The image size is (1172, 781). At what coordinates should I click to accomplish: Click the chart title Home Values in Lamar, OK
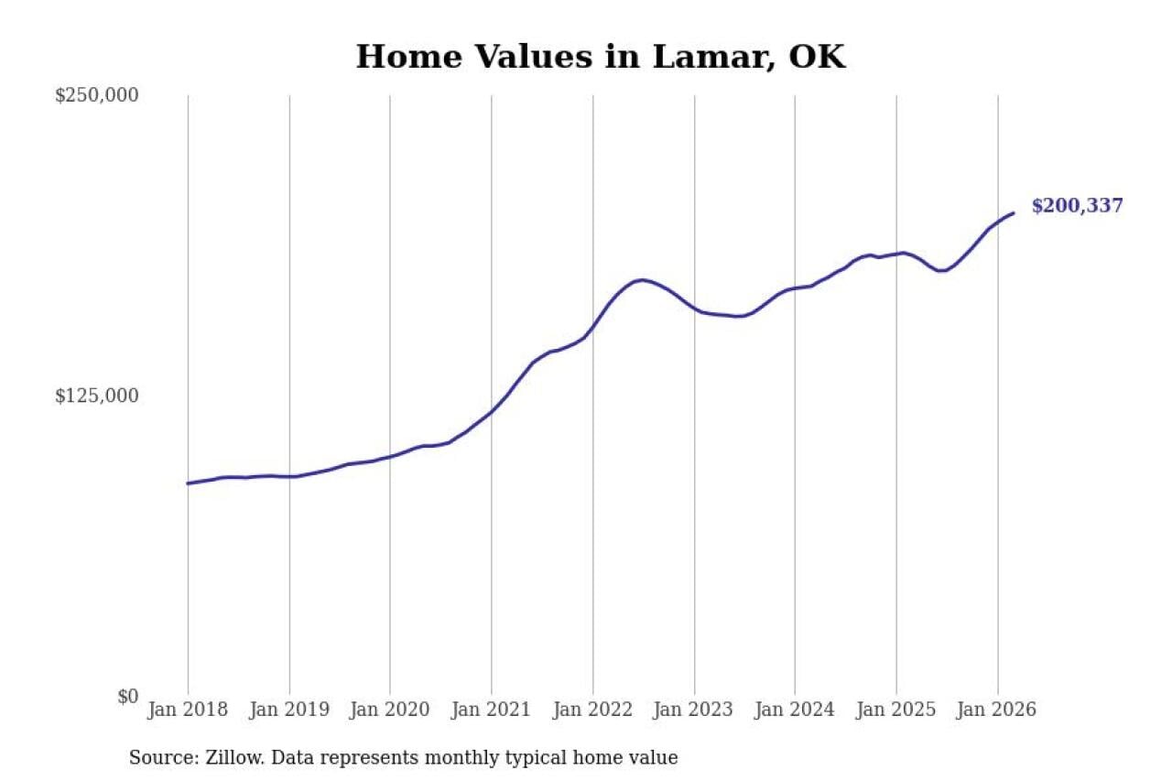pyautogui.click(x=600, y=57)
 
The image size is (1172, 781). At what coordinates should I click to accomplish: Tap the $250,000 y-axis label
pyautogui.click(x=96, y=95)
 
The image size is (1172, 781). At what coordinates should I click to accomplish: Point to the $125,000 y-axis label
pyautogui.click(x=96, y=396)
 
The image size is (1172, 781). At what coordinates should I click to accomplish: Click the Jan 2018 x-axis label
pyautogui.click(x=188, y=710)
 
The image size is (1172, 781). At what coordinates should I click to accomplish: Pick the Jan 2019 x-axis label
pyautogui.click(x=289, y=710)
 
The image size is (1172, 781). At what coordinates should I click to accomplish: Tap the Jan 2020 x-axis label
pyautogui.click(x=390, y=710)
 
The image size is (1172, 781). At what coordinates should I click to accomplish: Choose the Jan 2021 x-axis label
pyautogui.click(x=492, y=710)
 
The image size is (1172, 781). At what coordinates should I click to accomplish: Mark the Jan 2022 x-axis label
pyautogui.click(x=592, y=710)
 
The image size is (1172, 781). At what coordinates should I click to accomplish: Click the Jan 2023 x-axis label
pyautogui.click(x=694, y=710)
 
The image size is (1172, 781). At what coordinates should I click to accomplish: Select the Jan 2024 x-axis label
pyautogui.click(x=795, y=710)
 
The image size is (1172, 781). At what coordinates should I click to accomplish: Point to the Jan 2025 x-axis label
pyautogui.click(x=896, y=710)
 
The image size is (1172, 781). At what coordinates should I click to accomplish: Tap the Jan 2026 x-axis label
pyautogui.click(x=997, y=710)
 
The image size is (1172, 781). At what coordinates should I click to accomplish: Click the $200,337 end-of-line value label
pyautogui.click(x=1077, y=206)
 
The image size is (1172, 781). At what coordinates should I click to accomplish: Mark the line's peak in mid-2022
pyautogui.click(x=643, y=279)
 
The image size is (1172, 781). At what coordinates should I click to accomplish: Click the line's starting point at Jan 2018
pyautogui.click(x=188, y=483)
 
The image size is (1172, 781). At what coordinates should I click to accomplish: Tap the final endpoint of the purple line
pyautogui.click(x=1014, y=213)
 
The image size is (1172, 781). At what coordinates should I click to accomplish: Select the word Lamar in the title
pyautogui.click(x=703, y=57)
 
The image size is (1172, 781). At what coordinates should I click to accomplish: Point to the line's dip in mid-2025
pyautogui.click(x=940, y=270)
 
